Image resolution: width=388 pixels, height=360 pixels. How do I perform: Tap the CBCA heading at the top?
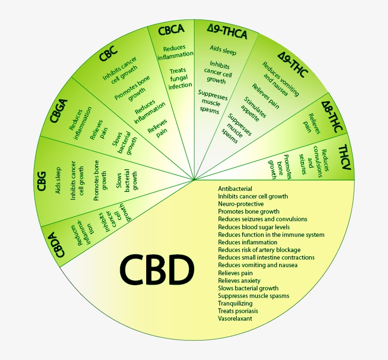(x=171, y=31)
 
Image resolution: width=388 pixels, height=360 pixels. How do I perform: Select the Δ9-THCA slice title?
(x=227, y=32)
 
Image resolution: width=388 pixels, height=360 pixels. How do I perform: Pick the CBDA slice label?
(x=59, y=242)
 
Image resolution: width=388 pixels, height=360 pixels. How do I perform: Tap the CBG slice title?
(x=41, y=181)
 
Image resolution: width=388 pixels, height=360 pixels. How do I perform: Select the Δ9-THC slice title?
(x=293, y=67)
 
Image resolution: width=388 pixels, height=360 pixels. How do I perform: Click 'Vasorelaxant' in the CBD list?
(x=235, y=319)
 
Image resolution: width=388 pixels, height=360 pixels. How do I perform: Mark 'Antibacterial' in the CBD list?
(x=235, y=189)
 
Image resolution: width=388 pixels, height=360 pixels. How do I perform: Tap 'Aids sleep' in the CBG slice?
(x=58, y=180)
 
